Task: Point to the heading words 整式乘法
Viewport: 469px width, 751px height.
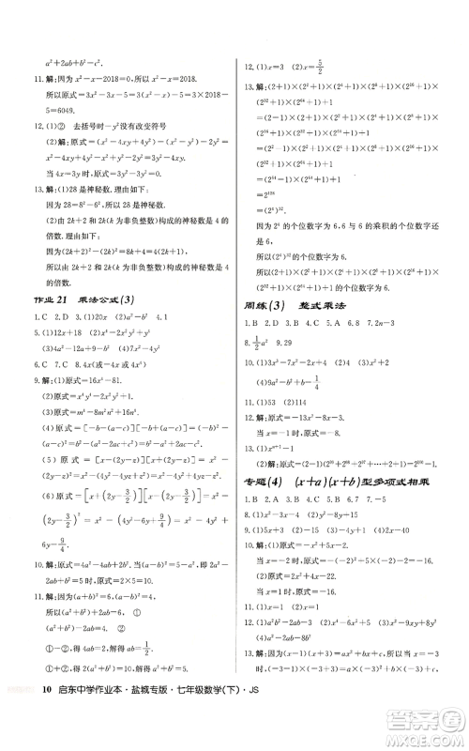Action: pyautogui.click(x=324, y=303)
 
